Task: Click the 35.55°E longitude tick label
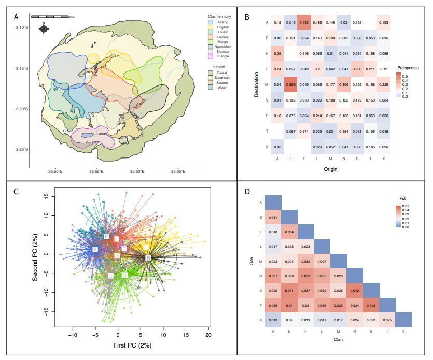coord(95,171)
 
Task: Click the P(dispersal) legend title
coord(408,68)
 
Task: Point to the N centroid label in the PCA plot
coord(148,257)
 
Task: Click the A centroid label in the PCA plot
coord(95,250)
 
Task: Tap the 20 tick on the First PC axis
coord(208,336)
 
